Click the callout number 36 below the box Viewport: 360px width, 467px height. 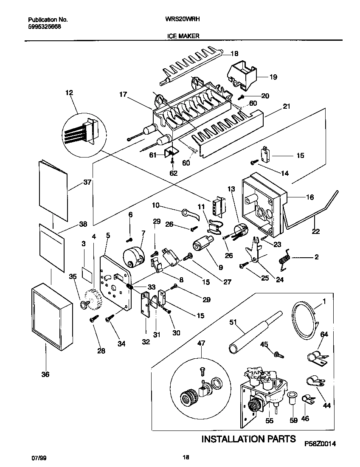pyautogui.click(x=45, y=374)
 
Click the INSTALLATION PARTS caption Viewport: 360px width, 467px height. pyautogui.click(x=248, y=439)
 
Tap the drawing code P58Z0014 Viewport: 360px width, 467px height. pyautogui.click(x=320, y=444)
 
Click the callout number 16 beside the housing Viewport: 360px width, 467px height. pyautogui.click(x=310, y=197)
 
